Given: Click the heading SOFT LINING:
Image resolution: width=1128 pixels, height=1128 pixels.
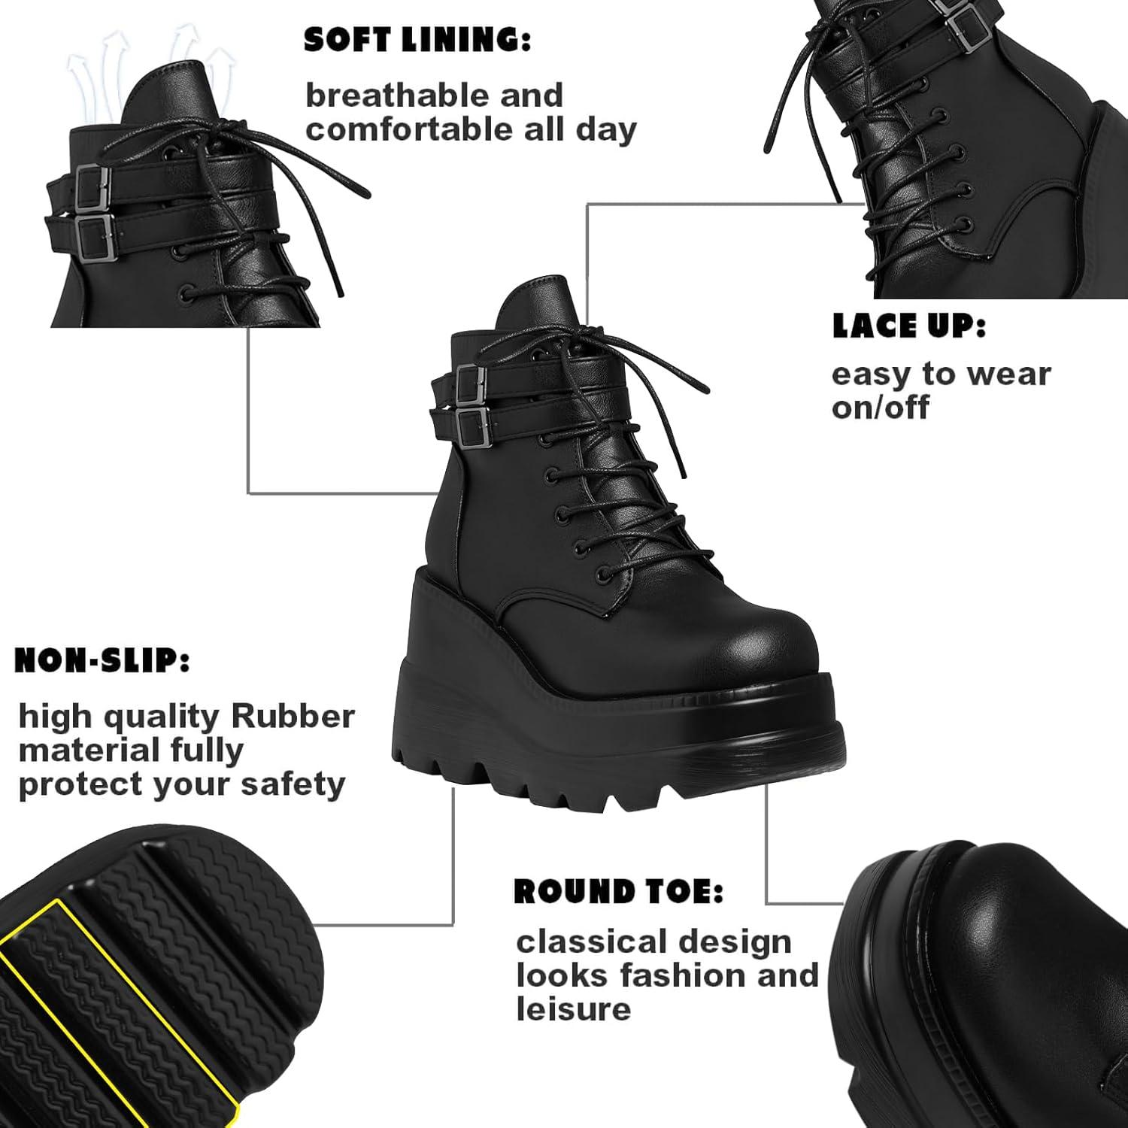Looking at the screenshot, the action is tap(417, 41).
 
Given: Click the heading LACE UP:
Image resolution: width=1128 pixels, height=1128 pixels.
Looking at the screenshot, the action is tap(908, 326).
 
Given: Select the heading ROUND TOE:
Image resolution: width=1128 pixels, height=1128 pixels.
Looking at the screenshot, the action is tap(618, 892).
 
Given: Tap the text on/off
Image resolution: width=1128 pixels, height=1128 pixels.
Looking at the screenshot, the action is tap(881, 408).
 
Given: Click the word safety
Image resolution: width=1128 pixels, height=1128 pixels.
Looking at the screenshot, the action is tap(293, 784).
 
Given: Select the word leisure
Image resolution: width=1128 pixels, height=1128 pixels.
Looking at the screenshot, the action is tap(573, 1009).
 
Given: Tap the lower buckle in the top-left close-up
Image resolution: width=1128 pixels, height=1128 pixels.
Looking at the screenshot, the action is tap(94, 236).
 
